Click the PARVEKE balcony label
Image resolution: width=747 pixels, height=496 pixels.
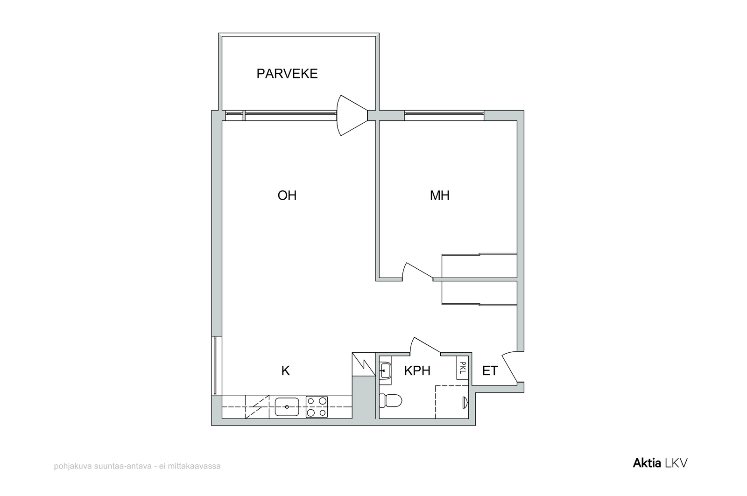pyautogui.click(x=287, y=73)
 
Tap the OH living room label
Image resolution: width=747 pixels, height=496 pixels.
pyautogui.click(x=287, y=196)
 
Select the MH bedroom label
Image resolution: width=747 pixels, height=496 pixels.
pyautogui.click(x=439, y=196)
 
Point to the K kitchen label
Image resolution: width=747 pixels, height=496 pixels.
pyautogui.click(x=285, y=370)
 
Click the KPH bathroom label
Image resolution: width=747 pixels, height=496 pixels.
pyautogui.click(x=417, y=370)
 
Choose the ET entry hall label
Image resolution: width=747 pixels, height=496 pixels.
pyautogui.click(x=490, y=370)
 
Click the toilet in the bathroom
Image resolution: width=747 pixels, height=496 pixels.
pyautogui.click(x=391, y=401)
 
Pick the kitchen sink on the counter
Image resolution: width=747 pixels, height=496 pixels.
pyautogui.click(x=287, y=407)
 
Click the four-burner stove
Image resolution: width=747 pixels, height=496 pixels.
pyautogui.click(x=317, y=407)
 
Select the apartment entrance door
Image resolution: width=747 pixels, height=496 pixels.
pyautogui.click(x=511, y=367)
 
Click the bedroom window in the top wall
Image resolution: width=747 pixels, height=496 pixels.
pyautogui.click(x=444, y=115)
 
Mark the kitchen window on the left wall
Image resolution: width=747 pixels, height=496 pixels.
pyautogui.click(x=216, y=366)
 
